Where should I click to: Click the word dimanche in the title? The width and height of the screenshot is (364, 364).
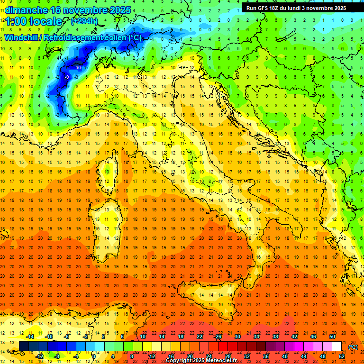click(x=24, y=10)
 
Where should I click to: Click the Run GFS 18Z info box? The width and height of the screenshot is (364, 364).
click(x=296, y=8)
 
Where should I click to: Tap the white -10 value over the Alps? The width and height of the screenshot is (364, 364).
click(x=78, y=68)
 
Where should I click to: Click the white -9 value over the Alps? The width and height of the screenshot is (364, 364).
click(x=67, y=77)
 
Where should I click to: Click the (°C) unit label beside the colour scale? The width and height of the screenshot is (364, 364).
click(x=353, y=347)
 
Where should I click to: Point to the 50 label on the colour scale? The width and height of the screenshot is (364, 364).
click(x=332, y=336)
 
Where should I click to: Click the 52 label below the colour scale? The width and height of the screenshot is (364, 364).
click(x=342, y=356)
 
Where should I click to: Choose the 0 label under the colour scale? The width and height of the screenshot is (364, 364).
click(x=94, y=356)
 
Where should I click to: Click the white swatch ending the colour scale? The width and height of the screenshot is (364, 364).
click(x=337, y=346)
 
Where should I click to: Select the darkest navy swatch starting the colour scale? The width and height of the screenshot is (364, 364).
click(x=24, y=346)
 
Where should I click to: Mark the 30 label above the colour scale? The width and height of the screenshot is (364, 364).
click(x=237, y=336)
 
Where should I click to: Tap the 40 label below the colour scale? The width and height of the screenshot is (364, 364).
click(x=285, y=356)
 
